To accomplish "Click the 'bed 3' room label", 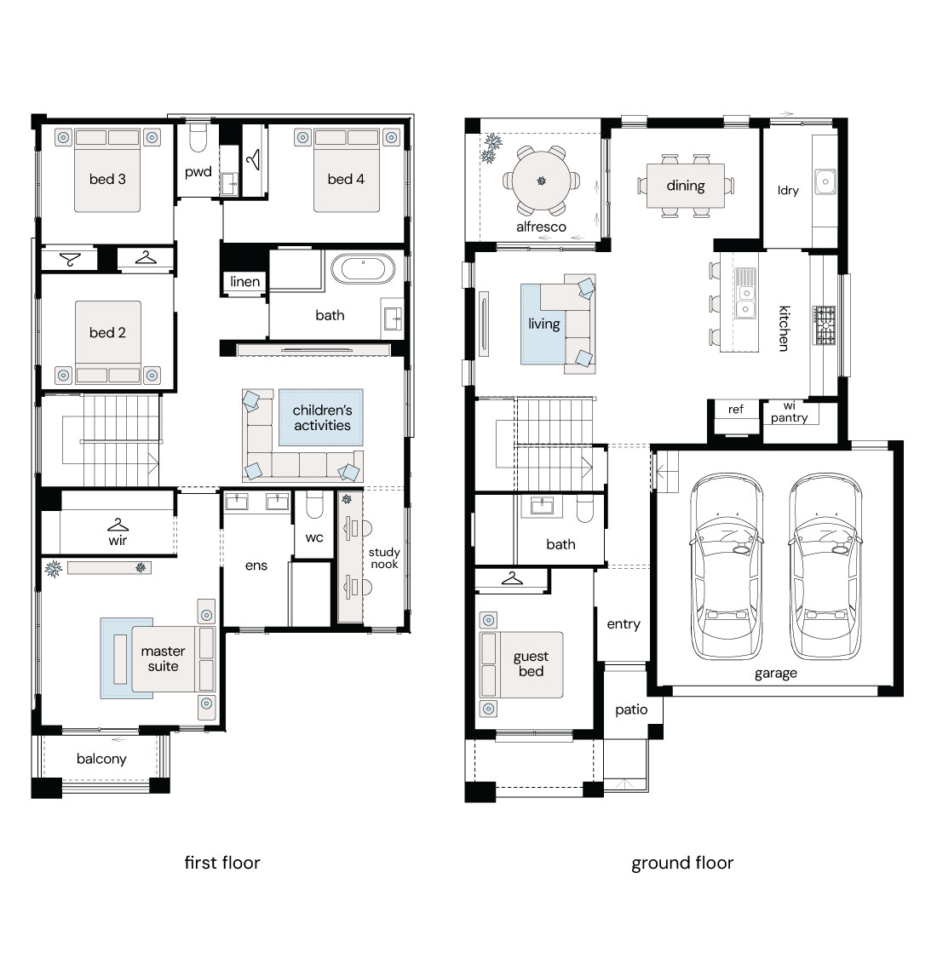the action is click(107, 179).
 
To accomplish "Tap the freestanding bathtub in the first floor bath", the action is click(363, 268).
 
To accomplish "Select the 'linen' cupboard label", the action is click(244, 281).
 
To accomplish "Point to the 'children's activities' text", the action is click(322, 417).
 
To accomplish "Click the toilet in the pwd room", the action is click(198, 138).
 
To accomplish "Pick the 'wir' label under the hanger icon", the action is click(118, 540).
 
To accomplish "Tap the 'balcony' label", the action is click(101, 759).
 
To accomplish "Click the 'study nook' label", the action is click(384, 558).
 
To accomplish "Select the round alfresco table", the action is click(541, 181).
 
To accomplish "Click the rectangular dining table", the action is click(686, 186).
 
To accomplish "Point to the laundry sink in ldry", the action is click(825, 181).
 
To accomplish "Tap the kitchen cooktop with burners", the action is click(825, 325).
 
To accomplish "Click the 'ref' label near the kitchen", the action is click(735, 409).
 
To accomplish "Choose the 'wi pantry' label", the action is click(789, 413).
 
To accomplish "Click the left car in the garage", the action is click(727, 566).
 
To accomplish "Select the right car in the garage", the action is click(825, 566).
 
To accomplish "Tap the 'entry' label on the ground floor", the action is click(624, 624).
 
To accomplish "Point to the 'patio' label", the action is click(631, 710).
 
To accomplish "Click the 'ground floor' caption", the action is click(682, 863).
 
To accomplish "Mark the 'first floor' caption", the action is click(222, 862).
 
